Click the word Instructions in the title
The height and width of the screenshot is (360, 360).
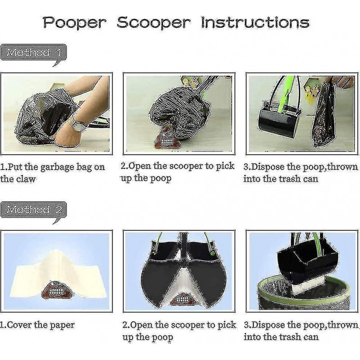point(255,22)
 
